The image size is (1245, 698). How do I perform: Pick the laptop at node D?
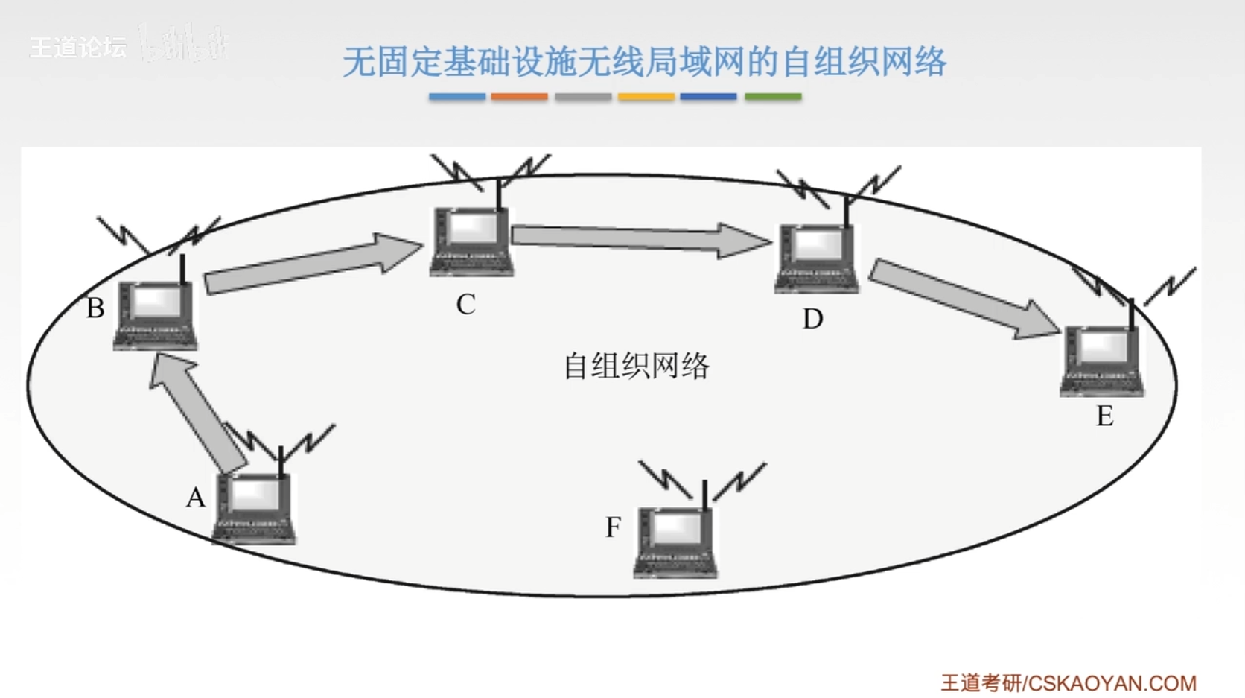pyautogui.click(x=817, y=257)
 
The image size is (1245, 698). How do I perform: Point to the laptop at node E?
pyautogui.click(x=1102, y=361)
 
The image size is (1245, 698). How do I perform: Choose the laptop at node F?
pyautogui.click(x=675, y=542)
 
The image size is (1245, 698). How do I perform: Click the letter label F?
pyautogui.click(x=613, y=527)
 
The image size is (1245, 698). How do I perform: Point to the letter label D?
pyautogui.click(x=812, y=320)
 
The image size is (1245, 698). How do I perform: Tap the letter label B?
pyautogui.click(x=95, y=308)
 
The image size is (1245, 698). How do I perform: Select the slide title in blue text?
pyautogui.click(x=644, y=62)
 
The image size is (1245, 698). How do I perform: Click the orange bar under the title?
pyautogui.click(x=519, y=97)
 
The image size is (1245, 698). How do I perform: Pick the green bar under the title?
pyautogui.click(x=773, y=97)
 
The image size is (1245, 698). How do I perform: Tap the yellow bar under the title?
pyautogui.click(x=646, y=97)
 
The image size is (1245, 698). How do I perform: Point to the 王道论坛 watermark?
pyautogui.click(x=77, y=48)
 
